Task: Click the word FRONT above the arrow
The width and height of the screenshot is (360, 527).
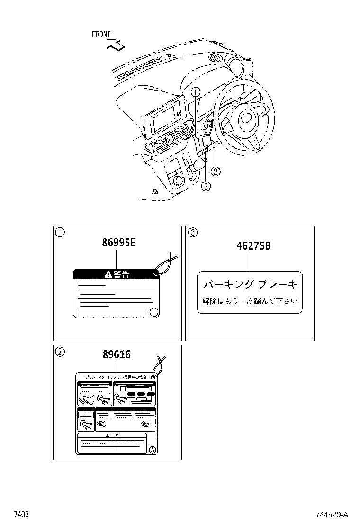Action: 101,34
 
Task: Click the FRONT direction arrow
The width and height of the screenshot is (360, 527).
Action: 115,45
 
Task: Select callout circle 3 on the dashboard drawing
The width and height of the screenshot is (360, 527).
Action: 206,186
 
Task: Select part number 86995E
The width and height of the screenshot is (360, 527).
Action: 119,243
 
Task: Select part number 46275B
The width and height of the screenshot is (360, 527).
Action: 253,246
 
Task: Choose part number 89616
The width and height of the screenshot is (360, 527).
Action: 117,354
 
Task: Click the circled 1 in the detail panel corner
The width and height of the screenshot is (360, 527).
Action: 60,232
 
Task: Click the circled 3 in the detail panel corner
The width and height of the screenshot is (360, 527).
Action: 192,232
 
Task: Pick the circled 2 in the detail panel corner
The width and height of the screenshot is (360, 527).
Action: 60,352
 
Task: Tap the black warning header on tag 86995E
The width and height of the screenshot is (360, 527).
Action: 114,274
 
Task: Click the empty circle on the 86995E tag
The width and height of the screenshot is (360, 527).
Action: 153,311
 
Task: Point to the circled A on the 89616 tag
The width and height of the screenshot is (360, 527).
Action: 152,449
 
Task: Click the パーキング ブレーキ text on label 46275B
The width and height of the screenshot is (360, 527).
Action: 250,284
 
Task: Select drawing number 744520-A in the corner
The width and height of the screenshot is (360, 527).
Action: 332,515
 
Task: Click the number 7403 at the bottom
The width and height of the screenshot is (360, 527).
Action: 21,515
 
